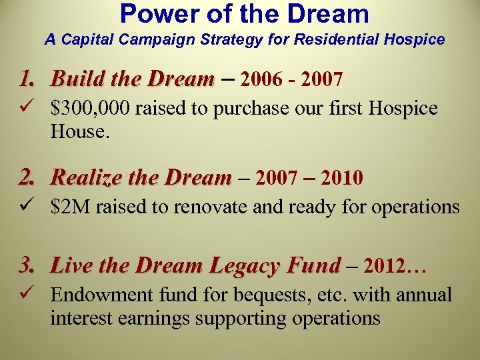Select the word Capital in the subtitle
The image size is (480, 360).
[x=84, y=40]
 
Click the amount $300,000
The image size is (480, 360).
[x=91, y=109]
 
